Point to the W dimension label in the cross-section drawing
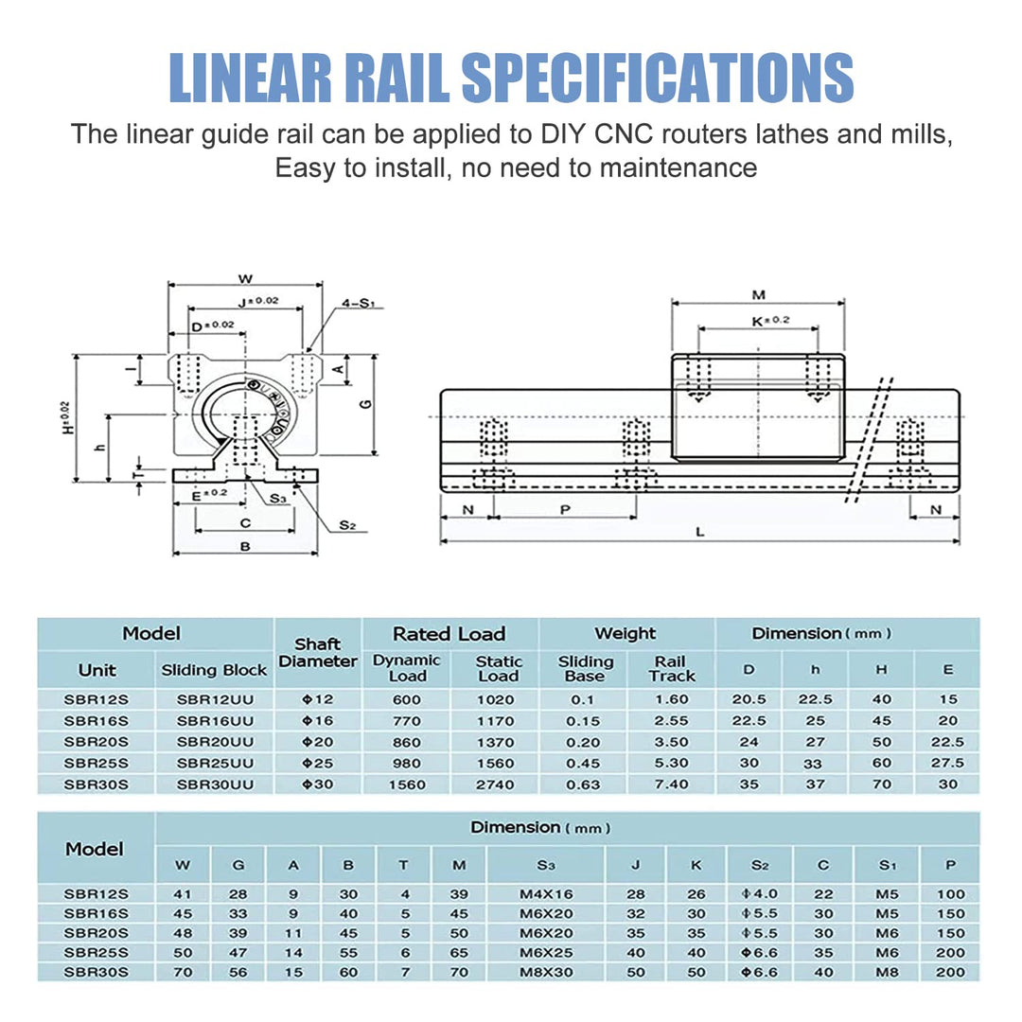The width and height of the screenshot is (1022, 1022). (x=244, y=278)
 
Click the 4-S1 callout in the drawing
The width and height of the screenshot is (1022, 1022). (x=359, y=304)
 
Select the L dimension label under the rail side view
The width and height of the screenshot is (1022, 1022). (x=699, y=532)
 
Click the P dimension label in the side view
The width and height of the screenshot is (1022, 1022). (x=565, y=508)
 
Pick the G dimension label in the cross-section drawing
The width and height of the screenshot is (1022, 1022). (x=365, y=404)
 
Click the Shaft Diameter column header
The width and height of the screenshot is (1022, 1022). (x=318, y=653)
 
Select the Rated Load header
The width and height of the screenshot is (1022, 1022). (x=449, y=633)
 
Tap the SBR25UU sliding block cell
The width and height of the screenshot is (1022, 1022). (x=214, y=763)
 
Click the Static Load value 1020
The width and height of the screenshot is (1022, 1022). (x=496, y=699)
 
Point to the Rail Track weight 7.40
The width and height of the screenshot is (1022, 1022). (x=672, y=784)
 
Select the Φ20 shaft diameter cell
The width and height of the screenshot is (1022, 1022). (x=318, y=742)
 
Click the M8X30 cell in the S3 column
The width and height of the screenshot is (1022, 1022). (x=545, y=972)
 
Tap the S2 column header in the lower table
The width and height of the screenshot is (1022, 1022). (x=759, y=864)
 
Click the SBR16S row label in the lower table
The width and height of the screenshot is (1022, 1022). (x=96, y=914)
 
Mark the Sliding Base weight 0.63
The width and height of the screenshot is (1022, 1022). (x=584, y=784)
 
